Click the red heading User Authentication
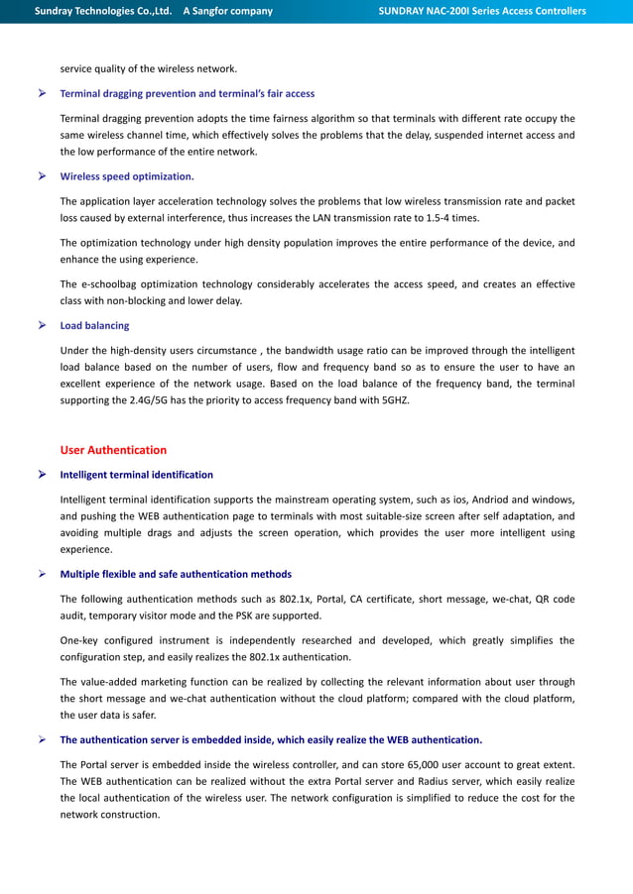tap(113, 450)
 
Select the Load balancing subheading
tap(94, 325)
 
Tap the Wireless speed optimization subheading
tap(127, 176)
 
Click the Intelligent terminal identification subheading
tap(136, 475)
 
